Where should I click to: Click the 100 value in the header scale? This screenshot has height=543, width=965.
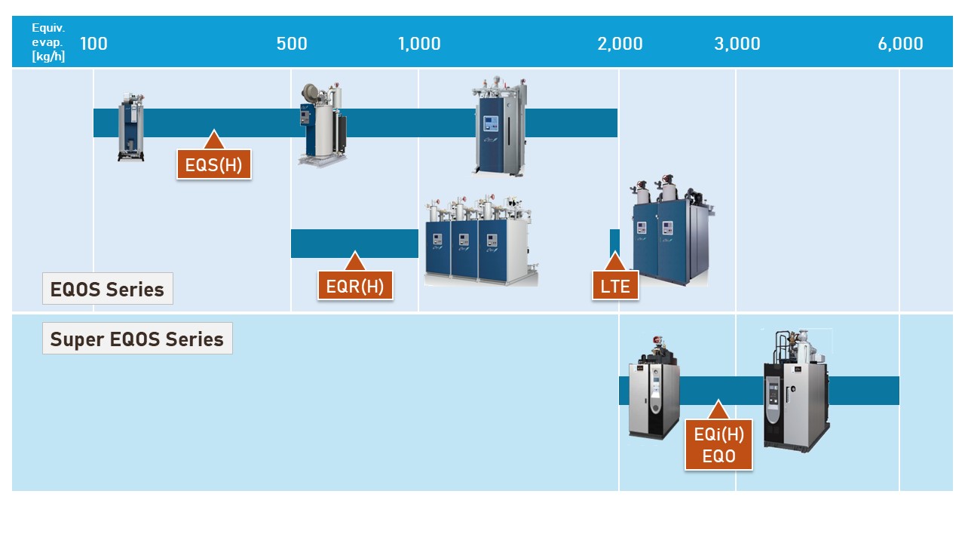(93, 44)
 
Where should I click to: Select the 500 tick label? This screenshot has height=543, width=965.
(292, 44)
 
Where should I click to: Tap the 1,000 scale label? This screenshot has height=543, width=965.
(419, 44)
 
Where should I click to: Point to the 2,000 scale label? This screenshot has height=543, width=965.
(620, 44)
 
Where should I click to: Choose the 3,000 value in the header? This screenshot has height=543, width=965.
(737, 44)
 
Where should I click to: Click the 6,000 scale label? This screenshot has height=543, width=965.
(900, 44)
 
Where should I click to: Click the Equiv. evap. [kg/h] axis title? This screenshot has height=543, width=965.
(48, 42)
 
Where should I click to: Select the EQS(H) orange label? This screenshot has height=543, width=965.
(213, 164)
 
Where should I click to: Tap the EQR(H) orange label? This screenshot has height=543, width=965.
(355, 286)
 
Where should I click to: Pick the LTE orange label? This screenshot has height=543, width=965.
(615, 286)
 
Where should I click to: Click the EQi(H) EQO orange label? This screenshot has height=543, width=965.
(718, 444)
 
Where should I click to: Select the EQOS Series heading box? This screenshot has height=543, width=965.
(107, 289)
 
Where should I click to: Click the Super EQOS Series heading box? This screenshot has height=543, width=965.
(137, 339)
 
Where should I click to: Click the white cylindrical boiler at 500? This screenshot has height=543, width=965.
(322, 124)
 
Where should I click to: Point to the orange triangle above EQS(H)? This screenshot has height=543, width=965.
(213, 140)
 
